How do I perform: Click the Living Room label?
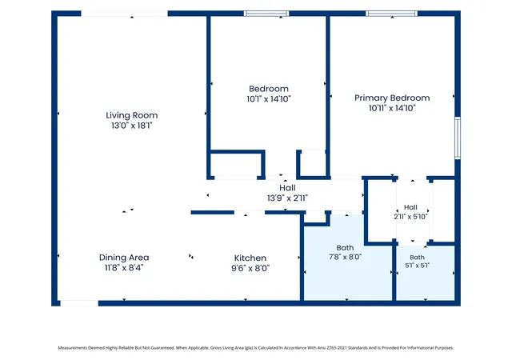pyautogui.click(x=131, y=115)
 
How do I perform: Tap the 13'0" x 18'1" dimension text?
pyautogui.click(x=131, y=126)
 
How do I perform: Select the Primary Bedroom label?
pyautogui.click(x=392, y=98)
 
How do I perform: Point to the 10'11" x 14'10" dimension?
pyautogui.click(x=392, y=108)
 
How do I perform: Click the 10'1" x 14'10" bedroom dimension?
pyautogui.click(x=269, y=99)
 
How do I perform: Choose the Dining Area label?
pyautogui.click(x=124, y=258)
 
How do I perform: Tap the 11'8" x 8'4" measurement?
pyautogui.click(x=124, y=267)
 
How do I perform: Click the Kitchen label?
pyautogui.click(x=250, y=258)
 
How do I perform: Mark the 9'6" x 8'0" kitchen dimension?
pyautogui.click(x=250, y=268)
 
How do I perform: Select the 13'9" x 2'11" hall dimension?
pyautogui.click(x=287, y=198)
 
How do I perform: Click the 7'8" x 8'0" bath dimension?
pyautogui.click(x=345, y=257)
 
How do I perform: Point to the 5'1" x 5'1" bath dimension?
pyautogui.click(x=418, y=266)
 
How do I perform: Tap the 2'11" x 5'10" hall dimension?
pyautogui.click(x=410, y=216)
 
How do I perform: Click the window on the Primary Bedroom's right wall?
pyautogui.click(x=458, y=138)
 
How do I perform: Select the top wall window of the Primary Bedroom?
pyautogui.click(x=391, y=14)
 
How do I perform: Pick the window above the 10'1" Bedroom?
pyautogui.click(x=266, y=14)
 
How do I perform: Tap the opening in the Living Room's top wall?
pyautogui.click(x=125, y=14)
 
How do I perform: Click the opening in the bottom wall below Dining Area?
pyautogui.click(x=79, y=303)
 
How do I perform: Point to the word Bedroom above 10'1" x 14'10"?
pyautogui.click(x=269, y=89)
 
